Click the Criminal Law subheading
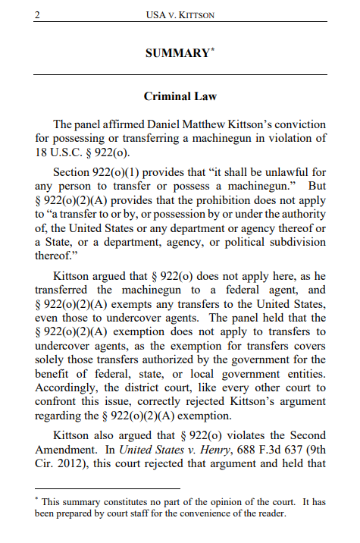click(x=180, y=96)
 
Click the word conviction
click(x=299, y=124)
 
